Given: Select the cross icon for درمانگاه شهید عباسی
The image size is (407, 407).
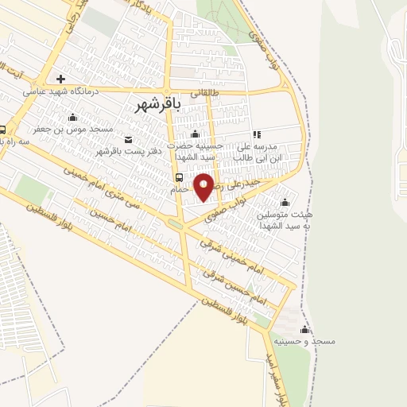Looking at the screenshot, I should pyautogui.click(x=60, y=79).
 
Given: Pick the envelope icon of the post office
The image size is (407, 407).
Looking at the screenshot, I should pyautogui.click(x=129, y=140).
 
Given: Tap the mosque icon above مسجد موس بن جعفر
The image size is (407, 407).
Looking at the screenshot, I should pyautogui.click(x=73, y=117).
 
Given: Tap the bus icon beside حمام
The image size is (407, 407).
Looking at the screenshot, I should pyautogui.click(x=179, y=178).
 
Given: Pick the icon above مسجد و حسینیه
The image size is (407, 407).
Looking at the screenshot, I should pyautogui.click(x=305, y=330).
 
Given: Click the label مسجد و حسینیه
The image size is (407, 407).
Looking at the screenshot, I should pyautogui.click(x=305, y=341).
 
